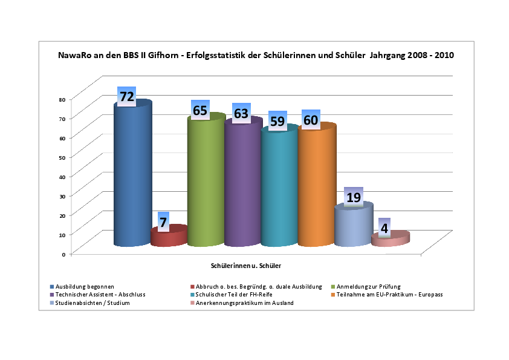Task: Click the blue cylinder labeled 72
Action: click(132, 175)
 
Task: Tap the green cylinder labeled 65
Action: click(206, 182)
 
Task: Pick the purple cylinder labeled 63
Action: click(242, 185)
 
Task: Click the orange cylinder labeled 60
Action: click(316, 188)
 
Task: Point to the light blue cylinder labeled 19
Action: click(353, 226)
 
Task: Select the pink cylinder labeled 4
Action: click(390, 240)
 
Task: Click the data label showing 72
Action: click(126, 96)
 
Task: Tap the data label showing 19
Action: click(354, 197)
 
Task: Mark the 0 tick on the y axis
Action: click(63, 254)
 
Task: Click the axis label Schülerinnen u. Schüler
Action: click(246, 266)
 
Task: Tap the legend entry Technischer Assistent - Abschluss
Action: click(100, 295)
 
